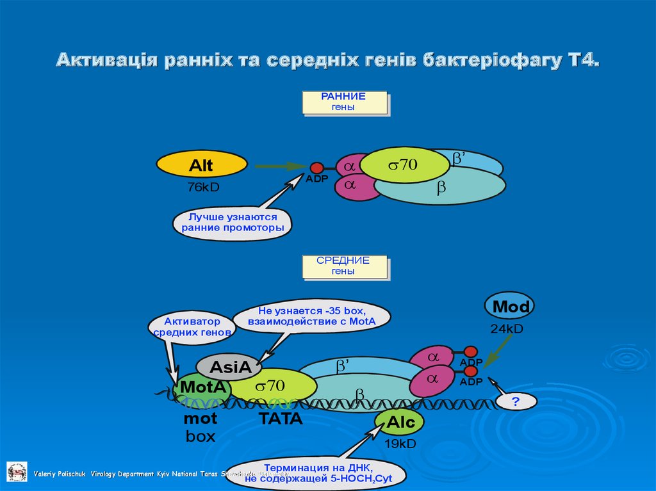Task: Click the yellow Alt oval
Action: click(x=201, y=166)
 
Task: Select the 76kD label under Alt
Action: click(x=203, y=188)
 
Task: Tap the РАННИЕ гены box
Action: click(x=345, y=102)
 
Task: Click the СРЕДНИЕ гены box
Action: click(x=345, y=267)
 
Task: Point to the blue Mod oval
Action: click(x=510, y=307)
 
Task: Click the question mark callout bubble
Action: click(x=515, y=402)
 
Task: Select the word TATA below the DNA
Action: click(x=280, y=419)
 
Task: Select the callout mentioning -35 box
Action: click(x=312, y=316)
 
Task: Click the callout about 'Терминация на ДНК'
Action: click(x=318, y=472)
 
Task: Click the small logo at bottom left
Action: click(x=17, y=471)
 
